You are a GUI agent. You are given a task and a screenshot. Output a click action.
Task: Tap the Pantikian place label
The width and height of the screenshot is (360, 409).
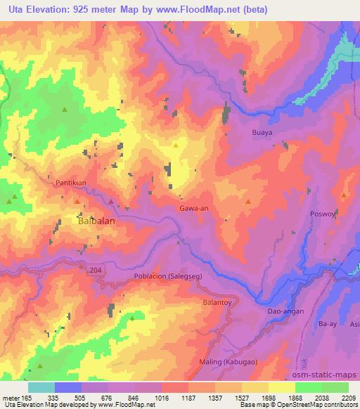point(71,183)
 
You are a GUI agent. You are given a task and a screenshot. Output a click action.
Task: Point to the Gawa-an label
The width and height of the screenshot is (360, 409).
point(193,209)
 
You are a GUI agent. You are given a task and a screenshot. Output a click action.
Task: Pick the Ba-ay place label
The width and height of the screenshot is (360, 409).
point(328,325)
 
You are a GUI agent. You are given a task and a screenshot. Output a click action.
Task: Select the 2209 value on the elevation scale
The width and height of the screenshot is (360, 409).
point(348,398)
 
